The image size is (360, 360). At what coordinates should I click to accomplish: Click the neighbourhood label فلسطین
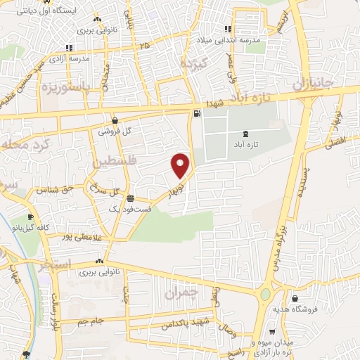tap(117, 162)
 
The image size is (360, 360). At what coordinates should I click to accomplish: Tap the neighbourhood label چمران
tap(181, 291)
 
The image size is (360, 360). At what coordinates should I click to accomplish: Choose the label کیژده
tap(193, 65)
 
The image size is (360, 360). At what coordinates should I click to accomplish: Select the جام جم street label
tap(91, 321)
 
